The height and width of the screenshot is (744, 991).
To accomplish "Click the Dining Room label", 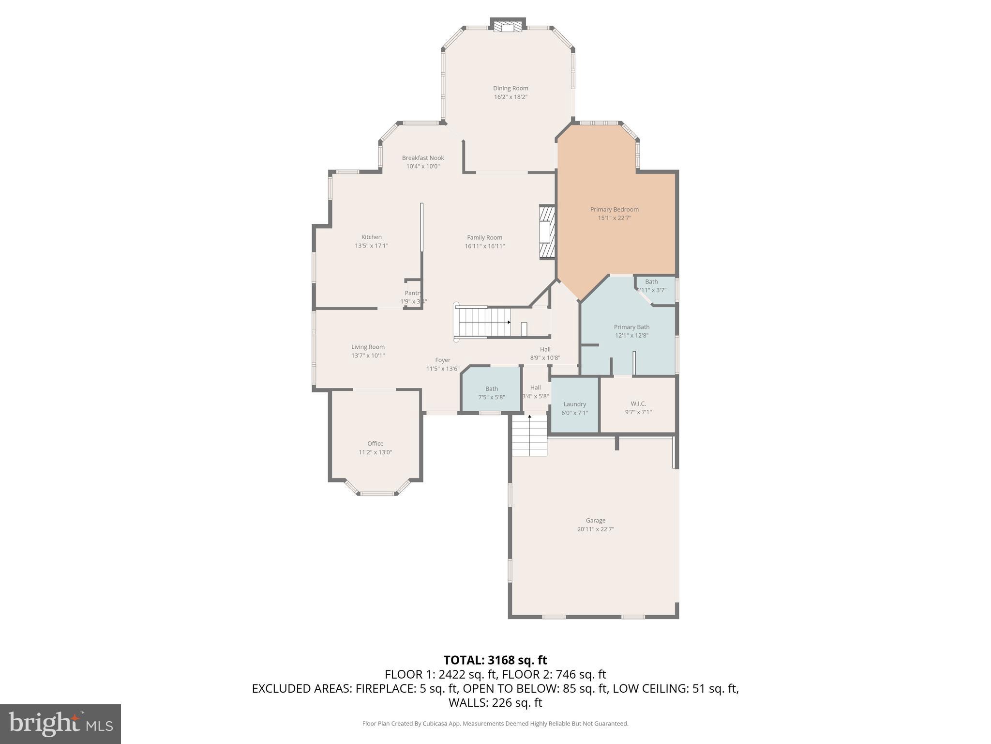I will [x=511, y=88].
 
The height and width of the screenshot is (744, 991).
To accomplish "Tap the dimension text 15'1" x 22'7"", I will [x=614, y=218].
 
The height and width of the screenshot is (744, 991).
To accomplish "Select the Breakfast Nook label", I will [x=422, y=158].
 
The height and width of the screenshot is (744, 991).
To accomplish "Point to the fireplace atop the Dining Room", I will [x=508, y=27].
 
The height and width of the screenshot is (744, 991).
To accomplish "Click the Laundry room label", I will [x=574, y=404].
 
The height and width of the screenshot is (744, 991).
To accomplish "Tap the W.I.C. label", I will [x=638, y=403].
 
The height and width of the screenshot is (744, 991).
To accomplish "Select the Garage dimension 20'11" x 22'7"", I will [x=595, y=529].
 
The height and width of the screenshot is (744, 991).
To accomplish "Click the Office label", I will [x=375, y=444].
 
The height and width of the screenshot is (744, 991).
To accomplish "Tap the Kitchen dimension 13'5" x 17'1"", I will [x=371, y=246].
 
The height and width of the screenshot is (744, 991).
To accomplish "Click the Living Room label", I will [x=368, y=347].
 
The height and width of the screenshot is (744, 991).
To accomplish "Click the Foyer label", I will [x=442, y=360].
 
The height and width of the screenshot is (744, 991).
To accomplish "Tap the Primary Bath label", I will [x=631, y=327].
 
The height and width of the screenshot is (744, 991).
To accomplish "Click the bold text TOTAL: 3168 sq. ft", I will [x=495, y=660].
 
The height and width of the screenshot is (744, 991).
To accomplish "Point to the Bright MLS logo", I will [x=60, y=724].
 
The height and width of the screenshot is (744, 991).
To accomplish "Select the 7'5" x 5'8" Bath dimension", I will [x=491, y=397].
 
